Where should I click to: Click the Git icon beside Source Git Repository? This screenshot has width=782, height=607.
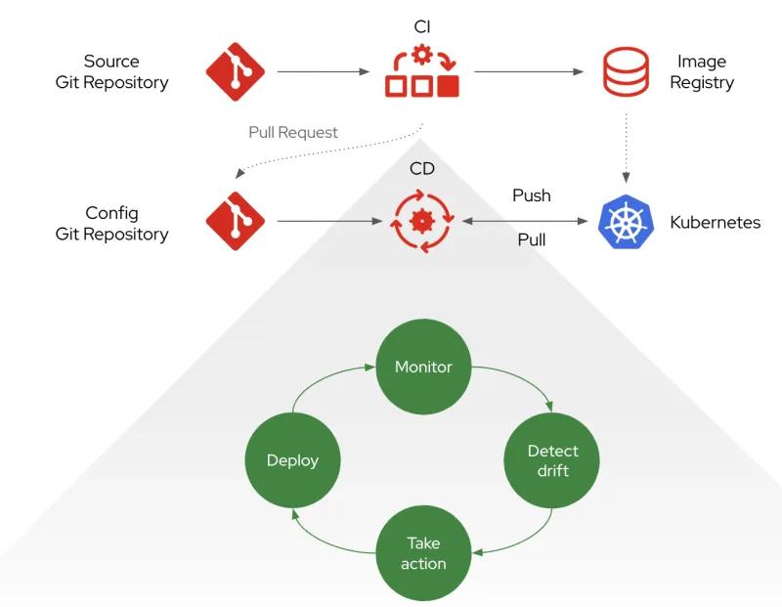[x=236, y=72]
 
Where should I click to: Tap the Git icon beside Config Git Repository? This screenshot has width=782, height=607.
[x=236, y=222]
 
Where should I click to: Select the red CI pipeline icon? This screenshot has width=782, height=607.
[x=422, y=72]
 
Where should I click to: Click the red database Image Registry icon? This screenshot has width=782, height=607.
[x=625, y=72]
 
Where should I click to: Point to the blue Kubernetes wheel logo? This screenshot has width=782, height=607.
[x=625, y=222]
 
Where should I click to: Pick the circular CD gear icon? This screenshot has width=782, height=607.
[x=422, y=222]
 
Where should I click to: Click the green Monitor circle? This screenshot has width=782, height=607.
[x=423, y=367]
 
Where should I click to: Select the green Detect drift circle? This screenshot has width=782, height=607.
[x=552, y=460]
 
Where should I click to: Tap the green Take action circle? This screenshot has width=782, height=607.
[x=423, y=553]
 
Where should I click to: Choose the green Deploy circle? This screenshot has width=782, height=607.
[x=292, y=460]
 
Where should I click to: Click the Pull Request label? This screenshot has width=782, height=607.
[x=293, y=132]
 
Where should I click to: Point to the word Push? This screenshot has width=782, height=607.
[x=532, y=195]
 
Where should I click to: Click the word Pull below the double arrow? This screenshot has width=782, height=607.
[x=532, y=239]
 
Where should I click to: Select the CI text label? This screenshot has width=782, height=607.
[x=422, y=26]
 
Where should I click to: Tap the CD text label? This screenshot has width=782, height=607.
[x=422, y=169]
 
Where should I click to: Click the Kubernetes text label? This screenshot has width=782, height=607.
[x=715, y=222]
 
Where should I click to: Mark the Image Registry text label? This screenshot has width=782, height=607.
[x=702, y=72]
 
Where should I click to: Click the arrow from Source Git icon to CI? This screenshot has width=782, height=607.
[x=327, y=71]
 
